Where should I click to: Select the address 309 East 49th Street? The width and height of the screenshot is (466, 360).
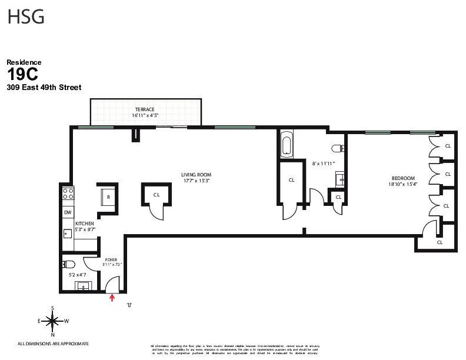tap(44, 88)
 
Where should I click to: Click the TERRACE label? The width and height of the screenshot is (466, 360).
tap(145, 109)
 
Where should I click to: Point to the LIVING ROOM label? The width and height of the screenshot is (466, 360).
tap(196, 175)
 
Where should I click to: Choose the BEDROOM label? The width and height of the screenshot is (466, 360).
tap(403, 178)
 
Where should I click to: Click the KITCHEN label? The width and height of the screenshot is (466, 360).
tap(84, 224)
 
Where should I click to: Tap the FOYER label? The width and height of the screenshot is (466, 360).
tap(111, 259)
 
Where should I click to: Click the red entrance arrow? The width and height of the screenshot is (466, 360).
tap(112, 298)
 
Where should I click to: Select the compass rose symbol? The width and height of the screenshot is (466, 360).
tap(53, 321)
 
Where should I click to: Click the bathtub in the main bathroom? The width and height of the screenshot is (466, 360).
tap(287, 145)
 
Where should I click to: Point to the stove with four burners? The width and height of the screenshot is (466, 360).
tap(68, 193)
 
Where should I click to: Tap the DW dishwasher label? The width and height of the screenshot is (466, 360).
tap(68, 212)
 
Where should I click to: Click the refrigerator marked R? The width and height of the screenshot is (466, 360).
tap(108, 196)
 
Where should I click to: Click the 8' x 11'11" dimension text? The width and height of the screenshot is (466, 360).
tap(323, 164)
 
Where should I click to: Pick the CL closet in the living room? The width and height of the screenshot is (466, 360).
tap(157, 195)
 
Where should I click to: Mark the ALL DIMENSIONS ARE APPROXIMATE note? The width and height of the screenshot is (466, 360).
tap(53, 344)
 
